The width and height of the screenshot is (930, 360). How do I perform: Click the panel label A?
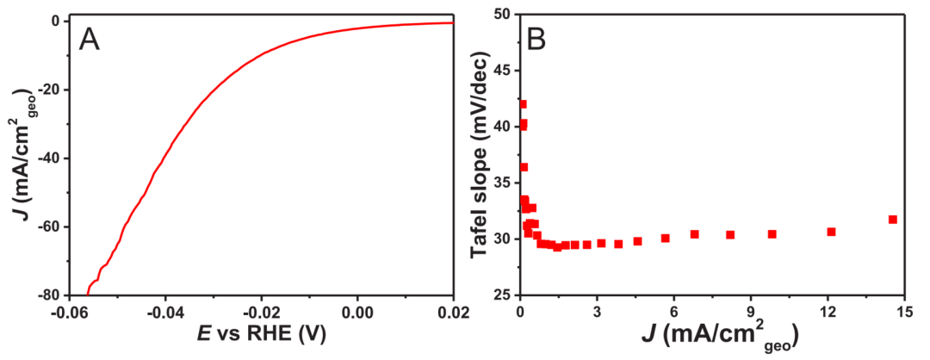[x=90, y=39]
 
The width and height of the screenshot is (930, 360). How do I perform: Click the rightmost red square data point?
[x=893, y=220]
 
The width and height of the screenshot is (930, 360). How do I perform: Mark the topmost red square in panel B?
[x=523, y=104]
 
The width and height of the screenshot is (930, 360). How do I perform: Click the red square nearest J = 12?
[x=831, y=232]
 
